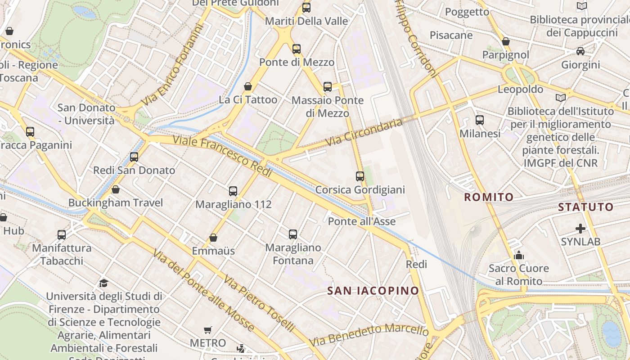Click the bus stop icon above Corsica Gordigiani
[360, 176]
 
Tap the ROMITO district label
[489, 197]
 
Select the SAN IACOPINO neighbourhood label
[373, 291]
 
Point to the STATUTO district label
[586, 207]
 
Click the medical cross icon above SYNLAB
[580, 229]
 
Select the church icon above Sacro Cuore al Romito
[519, 256]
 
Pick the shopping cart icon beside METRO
[207, 330]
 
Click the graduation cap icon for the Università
[104, 283]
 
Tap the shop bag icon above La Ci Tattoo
[248, 86]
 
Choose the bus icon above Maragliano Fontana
[293, 234]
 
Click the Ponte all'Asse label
[362, 221]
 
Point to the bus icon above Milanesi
[480, 120]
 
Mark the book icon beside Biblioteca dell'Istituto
[561, 98]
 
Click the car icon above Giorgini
[580, 51]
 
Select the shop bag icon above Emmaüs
[213, 238]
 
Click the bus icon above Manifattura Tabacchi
[62, 234]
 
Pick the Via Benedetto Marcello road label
[369, 335]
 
